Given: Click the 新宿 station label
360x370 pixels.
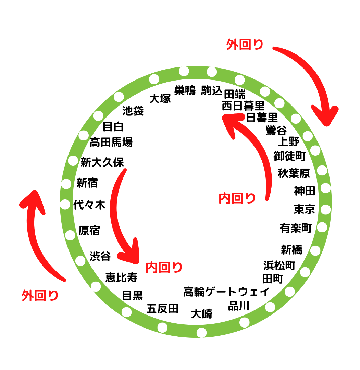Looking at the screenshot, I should click(87, 183).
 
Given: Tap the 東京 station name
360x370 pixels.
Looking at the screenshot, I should click(304, 209).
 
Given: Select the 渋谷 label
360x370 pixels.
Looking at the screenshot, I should click(100, 256).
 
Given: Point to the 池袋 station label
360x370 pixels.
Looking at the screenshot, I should click(133, 111).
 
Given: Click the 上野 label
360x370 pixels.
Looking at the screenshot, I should click(288, 141).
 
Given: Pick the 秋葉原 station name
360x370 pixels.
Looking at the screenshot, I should click(294, 173).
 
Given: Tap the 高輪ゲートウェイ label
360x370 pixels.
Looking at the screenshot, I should click(226, 292).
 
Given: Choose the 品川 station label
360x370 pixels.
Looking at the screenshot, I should click(239, 306).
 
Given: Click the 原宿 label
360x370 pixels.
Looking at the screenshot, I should click(89, 230).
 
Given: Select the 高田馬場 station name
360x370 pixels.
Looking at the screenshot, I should click(111, 142).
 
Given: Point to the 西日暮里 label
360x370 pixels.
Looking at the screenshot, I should click(243, 106).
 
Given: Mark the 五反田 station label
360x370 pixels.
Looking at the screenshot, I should click(162, 309).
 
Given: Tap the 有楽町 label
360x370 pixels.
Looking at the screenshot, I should click(296, 228).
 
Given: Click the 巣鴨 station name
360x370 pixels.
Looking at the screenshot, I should click(185, 90).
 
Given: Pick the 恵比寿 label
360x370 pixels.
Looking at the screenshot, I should click(121, 277).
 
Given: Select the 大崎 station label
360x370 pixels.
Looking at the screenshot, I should click(202, 313).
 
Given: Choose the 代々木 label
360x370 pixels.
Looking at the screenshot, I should click(89, 205).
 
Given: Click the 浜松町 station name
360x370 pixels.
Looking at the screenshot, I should click(279, 265).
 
